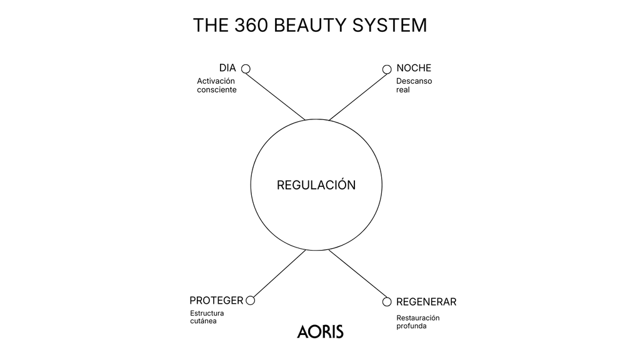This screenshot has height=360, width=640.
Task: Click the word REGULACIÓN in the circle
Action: [x=316, y=186]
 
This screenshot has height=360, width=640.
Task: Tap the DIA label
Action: [x=227, y=68]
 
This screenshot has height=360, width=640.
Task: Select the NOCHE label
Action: [x=414, y=68]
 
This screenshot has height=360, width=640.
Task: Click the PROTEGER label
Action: [x=216, y=301]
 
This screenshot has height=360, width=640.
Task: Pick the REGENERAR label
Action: [x=426, y=302]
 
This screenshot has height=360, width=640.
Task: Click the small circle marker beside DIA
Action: [x=246, y=69]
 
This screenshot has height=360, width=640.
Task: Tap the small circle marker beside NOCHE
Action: [x=387, y=69]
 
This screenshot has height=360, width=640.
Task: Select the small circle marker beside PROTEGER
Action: [x=251, y=301]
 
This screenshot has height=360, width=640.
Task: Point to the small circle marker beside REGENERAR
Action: [x=387, y=302]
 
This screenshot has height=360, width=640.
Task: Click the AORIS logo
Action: [x=320, y=331]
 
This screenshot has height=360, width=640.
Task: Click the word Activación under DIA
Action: [x=216, y=81]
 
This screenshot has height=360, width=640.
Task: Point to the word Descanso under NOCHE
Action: [x=414, y=81]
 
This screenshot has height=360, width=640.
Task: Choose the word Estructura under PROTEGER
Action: [x=207, y=313]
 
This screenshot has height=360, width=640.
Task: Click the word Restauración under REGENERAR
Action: [x=417, y=317]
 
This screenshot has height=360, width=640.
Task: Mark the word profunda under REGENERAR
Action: [x=411, y=326]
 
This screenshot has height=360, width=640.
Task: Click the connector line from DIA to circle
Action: [x=276, y=94]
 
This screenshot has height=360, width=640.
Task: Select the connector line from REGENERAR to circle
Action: [x=356, y=276]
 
